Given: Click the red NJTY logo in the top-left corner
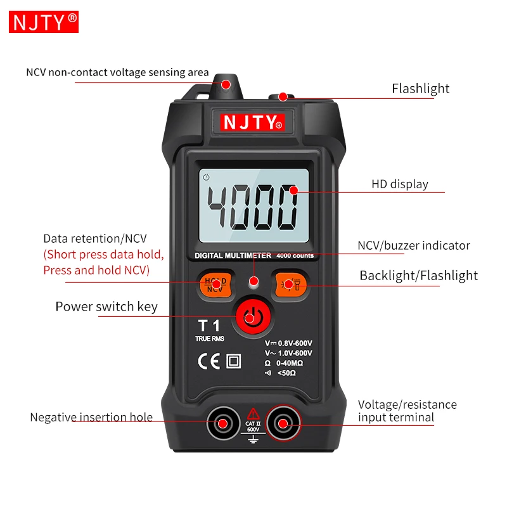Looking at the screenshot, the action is pos(44,22).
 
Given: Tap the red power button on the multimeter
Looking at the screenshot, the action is pos(253,318).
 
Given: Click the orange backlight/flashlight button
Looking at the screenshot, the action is pos(290,285).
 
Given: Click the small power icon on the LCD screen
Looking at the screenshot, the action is pos(206,177).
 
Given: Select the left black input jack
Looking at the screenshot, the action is pos(223,423).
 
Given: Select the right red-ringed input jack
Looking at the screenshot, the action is pos(283,423).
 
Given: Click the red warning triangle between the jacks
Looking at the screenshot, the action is pos(253,414).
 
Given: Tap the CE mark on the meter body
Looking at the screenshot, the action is pos(209,361).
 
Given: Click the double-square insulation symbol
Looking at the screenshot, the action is pos(233,361).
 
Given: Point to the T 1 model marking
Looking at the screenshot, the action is pos(209,325).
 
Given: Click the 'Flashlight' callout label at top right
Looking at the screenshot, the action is pos(420,89).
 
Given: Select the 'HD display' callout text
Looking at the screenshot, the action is pos(400,184).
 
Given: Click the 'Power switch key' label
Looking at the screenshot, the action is pos(106,307).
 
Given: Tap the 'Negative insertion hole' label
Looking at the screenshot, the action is pos(91,417).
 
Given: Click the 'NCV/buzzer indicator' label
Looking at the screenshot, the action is pos(414,245).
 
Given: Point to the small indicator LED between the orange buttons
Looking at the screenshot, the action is pos(254,283).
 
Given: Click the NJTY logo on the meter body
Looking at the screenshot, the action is pos(252,122).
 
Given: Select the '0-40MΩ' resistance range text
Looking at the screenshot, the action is pos(290,363).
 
